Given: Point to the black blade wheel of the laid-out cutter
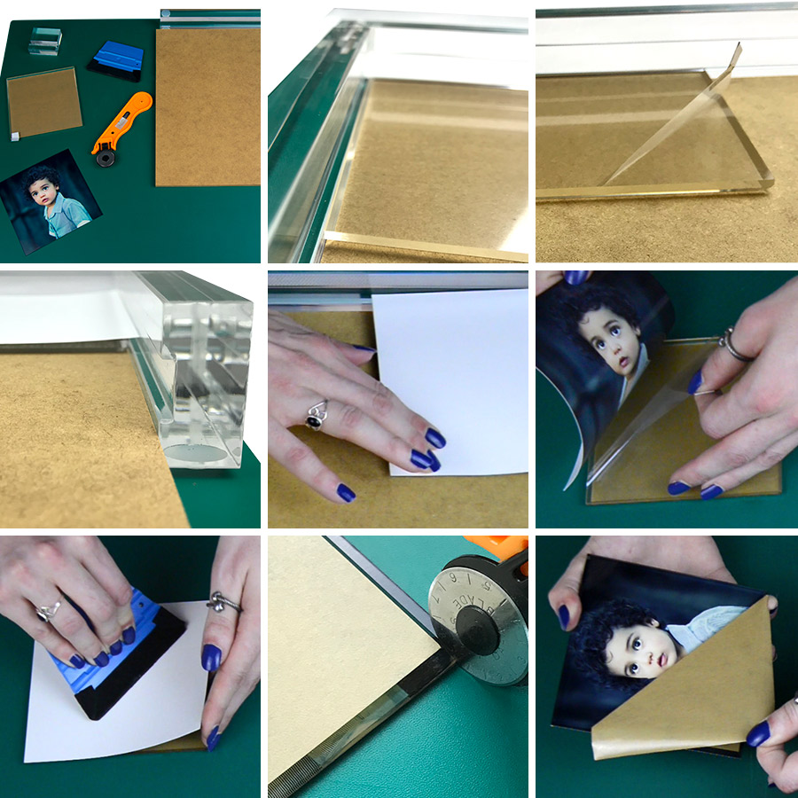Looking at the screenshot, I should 106,158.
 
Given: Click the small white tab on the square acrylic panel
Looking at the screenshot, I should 13,137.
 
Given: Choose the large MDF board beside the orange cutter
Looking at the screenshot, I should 208,106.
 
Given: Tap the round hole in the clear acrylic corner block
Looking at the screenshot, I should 197,452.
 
